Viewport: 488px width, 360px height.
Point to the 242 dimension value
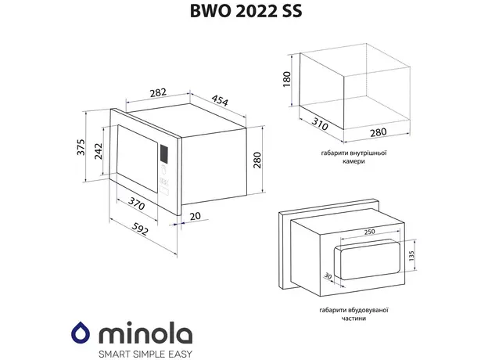click(x=99, y=153)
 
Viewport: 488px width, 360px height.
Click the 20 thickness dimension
click(x=195, y=217)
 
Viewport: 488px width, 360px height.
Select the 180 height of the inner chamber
click(x=286, y=79)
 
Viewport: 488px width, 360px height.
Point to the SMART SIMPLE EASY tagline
click(x=143, y=351)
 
